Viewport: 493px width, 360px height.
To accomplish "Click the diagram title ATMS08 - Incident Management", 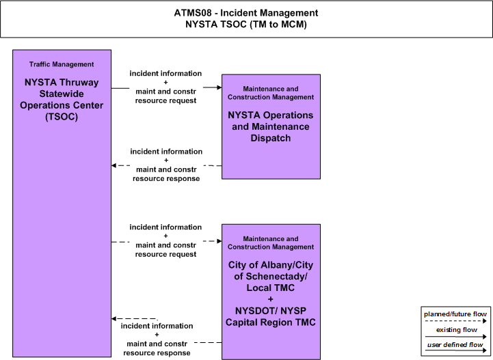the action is pyautogui.click(x=246, y=13).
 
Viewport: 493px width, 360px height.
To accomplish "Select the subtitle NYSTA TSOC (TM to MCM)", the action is pyautogui.click(x=246, y=24).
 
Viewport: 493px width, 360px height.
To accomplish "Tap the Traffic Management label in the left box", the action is pyautogui.click(x=62, y=64).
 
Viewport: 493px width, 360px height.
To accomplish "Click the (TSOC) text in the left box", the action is pyautogui.click(x=62, y=117).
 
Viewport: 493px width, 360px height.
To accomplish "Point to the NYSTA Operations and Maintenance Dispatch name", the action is pyautogui.click(x=271, y=126).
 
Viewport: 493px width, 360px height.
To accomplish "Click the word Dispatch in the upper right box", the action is pyautogui.click(x=271, y=138).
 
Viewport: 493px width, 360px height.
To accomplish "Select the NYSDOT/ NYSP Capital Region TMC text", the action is pyautogui.click(x=270, y=317).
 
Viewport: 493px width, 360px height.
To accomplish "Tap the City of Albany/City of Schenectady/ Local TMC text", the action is pyautogui.click(x=271, y=277).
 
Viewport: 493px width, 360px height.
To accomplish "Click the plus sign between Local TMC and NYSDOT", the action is pyautogui.click(x=270, y=299).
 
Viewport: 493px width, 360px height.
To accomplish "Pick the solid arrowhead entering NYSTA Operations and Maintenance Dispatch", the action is pyautogui.click(x=219, y=87).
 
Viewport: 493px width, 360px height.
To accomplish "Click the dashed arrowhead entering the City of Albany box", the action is pyautogui.click(x=219, y=241).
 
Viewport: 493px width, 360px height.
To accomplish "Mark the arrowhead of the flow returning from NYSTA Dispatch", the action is pyautogui.click(x=114, y=165).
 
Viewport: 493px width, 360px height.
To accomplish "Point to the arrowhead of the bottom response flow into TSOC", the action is pyautogui.click(x=114, y=319).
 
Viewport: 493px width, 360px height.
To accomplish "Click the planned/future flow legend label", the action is pyautogui.click(x=455, y=314).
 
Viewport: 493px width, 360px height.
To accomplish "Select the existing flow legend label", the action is pyautogui.click(x=457, y=330).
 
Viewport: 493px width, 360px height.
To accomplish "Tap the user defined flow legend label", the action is pyautogui.click(x=455, y=345).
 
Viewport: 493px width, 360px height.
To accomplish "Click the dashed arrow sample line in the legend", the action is pyautogui.click(x=455, y=321).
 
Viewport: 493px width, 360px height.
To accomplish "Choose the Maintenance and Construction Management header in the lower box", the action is pyautogui.click(x=271, y=243).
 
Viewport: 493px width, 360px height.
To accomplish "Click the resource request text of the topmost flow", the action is pyautogui.click(x=165, y=100).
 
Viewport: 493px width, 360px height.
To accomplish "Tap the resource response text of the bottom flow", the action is pyautogui.click(x=157, y=353).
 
